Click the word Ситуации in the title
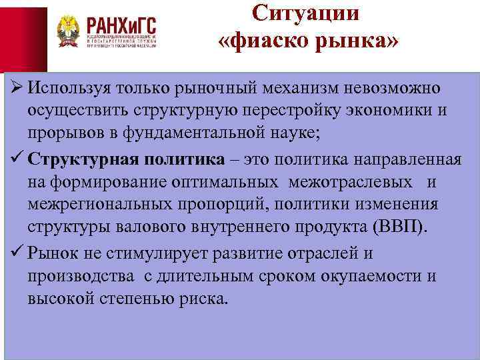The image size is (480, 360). (307, 13)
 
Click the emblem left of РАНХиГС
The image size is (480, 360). (67, 31)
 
